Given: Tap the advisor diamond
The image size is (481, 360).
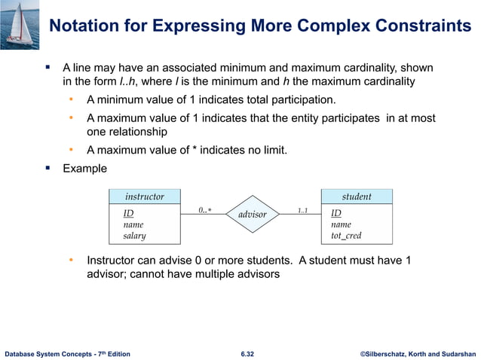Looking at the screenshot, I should tap(252, 215).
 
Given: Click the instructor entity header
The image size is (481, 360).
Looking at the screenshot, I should tap(144, 197).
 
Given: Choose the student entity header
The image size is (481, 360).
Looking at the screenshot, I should tap(357, 197).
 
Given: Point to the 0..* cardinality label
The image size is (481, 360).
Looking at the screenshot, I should tap(204, 209).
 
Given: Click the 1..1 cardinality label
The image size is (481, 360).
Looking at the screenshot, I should tap(302, 209).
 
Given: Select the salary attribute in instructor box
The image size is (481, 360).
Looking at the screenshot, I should tap(134, 236).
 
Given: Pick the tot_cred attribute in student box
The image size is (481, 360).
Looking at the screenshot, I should tap(346, 236).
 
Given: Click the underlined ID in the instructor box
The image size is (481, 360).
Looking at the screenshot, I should tap(128, 213).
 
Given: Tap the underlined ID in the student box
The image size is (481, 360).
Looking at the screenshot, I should tap(336, 213).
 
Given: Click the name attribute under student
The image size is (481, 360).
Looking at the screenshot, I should tap(341, 224).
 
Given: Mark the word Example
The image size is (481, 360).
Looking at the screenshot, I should tap(84, 168).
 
